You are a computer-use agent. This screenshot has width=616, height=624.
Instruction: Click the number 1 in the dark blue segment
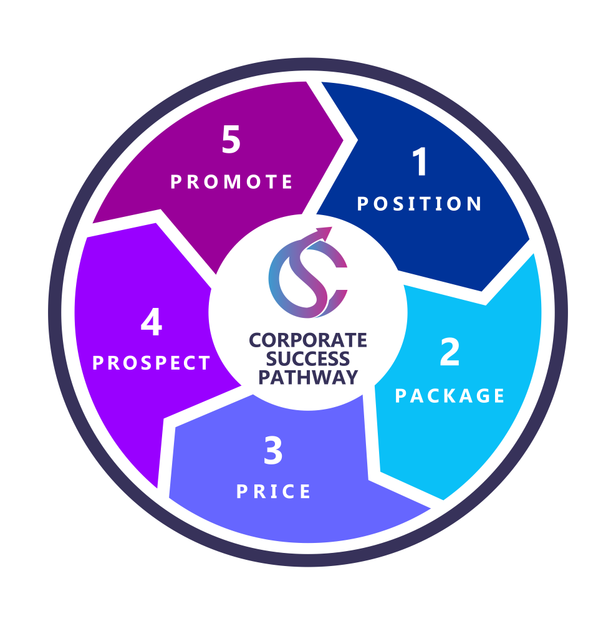click(421, 163)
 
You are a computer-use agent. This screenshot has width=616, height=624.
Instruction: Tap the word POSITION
click(420, 204)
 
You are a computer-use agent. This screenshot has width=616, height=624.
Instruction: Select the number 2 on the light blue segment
click(450, 353)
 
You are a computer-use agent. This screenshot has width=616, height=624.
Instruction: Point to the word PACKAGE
click(450, 396)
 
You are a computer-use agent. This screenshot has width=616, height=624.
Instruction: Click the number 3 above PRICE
click(273, 452)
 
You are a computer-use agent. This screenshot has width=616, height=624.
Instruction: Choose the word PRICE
click(274, 492)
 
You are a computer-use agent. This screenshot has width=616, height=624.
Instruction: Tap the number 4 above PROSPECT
click(152, 324)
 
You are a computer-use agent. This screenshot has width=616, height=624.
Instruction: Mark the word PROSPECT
click(152, 363)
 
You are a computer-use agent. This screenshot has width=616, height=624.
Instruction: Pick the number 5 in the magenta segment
click(231, 142)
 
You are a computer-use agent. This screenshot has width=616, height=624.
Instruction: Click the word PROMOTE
click(232, 182)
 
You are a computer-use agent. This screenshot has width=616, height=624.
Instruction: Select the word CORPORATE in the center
click(308, 341)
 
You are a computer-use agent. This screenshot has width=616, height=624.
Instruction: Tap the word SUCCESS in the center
click(308, 359)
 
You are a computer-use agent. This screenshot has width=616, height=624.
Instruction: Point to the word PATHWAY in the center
click(308, 377)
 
